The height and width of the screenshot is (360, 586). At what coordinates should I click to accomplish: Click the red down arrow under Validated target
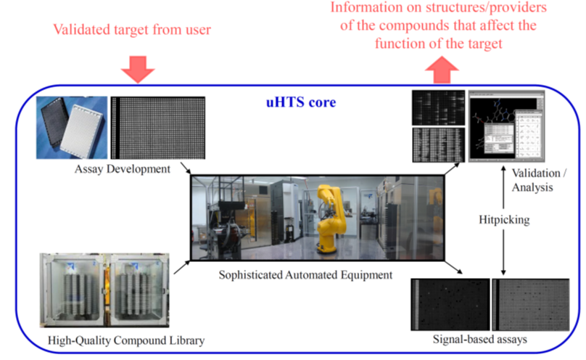[x=137, y=70]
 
